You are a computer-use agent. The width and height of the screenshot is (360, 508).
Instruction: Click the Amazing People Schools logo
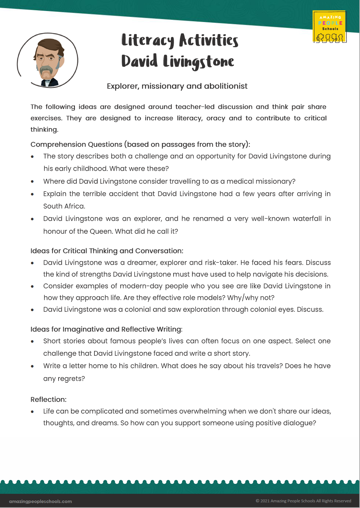[329, 27]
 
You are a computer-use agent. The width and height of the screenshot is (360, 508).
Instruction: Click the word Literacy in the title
[148, 40]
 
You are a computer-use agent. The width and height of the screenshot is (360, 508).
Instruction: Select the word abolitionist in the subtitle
[225, 86]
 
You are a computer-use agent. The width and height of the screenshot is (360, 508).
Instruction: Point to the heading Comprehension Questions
[76, 144]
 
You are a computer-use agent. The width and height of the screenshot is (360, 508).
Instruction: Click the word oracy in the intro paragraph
[216, 118]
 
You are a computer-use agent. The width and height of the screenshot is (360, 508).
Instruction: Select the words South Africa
[64, 206]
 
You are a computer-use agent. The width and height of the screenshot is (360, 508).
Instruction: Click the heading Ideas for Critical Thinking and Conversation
[107, 251]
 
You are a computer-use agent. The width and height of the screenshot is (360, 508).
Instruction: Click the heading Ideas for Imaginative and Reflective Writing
[106, 329]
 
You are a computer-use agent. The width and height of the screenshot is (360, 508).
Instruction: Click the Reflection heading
[49, 399]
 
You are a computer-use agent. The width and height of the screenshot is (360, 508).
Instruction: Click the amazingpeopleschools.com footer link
[40, 501]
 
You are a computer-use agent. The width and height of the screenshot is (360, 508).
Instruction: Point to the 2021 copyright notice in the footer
[303, 501]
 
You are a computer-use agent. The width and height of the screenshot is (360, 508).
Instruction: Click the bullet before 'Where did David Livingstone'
[32, 182]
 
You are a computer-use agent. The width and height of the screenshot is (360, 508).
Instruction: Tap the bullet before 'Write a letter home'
[32, 366]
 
